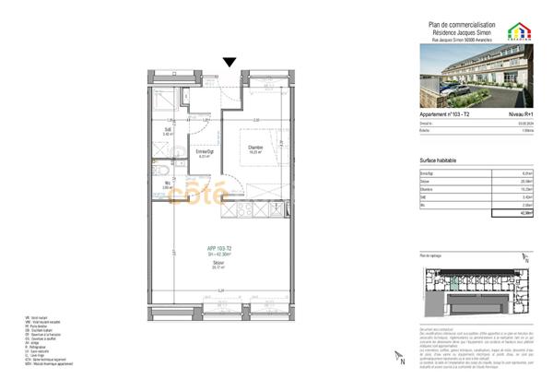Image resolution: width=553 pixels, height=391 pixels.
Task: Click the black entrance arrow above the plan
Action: [229, 62]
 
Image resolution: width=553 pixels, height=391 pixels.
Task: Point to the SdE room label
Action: [168, 131]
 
